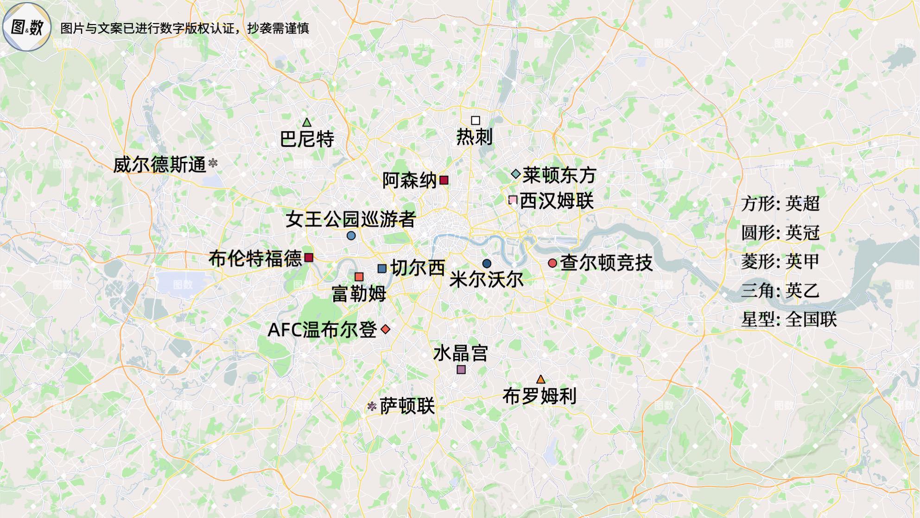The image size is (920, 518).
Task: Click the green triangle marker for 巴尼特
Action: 306,123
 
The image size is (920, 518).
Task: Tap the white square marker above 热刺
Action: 475,121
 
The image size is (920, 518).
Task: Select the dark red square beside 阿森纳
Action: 444,180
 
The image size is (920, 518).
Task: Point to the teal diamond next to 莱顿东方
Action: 515,174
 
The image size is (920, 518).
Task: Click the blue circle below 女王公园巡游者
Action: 351,236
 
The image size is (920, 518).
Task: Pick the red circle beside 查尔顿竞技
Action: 552,263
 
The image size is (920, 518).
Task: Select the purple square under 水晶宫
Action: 461,370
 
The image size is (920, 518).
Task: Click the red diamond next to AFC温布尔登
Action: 385,329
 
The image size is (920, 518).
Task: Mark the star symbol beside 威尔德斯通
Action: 213,163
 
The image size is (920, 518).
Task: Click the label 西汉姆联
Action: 556,201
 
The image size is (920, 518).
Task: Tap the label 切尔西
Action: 418,268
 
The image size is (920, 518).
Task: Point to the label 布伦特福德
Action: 255,258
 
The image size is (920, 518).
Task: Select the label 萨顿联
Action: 407,407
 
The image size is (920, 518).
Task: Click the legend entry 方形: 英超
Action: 780,204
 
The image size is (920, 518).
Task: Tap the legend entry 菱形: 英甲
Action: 780,262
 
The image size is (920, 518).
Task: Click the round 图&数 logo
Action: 26,27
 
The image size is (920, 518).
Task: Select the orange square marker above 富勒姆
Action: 359,277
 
